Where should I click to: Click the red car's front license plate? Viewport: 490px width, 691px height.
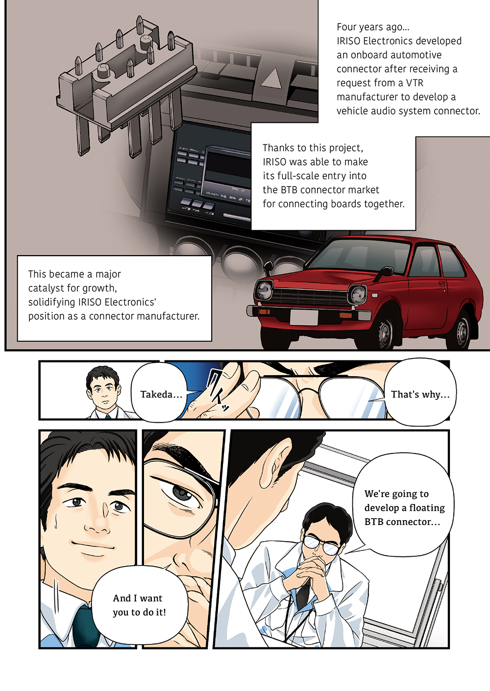304,318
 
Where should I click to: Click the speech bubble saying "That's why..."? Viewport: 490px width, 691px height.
420,392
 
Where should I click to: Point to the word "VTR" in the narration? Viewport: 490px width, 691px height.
415,83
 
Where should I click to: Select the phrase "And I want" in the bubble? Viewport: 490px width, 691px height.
137,598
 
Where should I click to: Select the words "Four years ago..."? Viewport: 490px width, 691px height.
373,27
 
